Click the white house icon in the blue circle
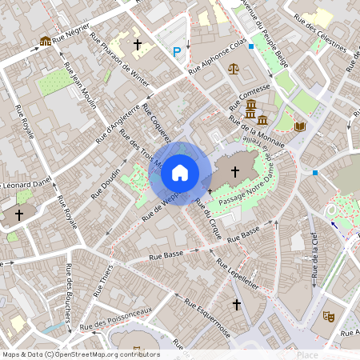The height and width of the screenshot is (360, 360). click(180, 172)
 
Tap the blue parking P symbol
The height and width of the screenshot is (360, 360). click(176, 52)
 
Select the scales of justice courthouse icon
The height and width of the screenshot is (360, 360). click(233, 69)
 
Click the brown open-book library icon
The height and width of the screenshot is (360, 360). click(300, 126)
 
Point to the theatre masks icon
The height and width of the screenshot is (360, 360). click(328, 316)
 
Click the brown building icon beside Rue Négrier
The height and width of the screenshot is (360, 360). click(45, 41)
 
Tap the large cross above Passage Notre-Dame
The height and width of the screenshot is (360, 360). click(235, 171)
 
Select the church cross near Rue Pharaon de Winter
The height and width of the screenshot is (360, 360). click(137, 44)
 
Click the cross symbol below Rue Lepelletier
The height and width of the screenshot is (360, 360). click(236, 305)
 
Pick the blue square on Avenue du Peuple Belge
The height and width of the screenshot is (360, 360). click(251, 47)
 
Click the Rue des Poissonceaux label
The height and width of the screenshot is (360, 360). click(117, 317)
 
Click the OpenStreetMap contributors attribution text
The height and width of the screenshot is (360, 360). click(81, 354)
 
